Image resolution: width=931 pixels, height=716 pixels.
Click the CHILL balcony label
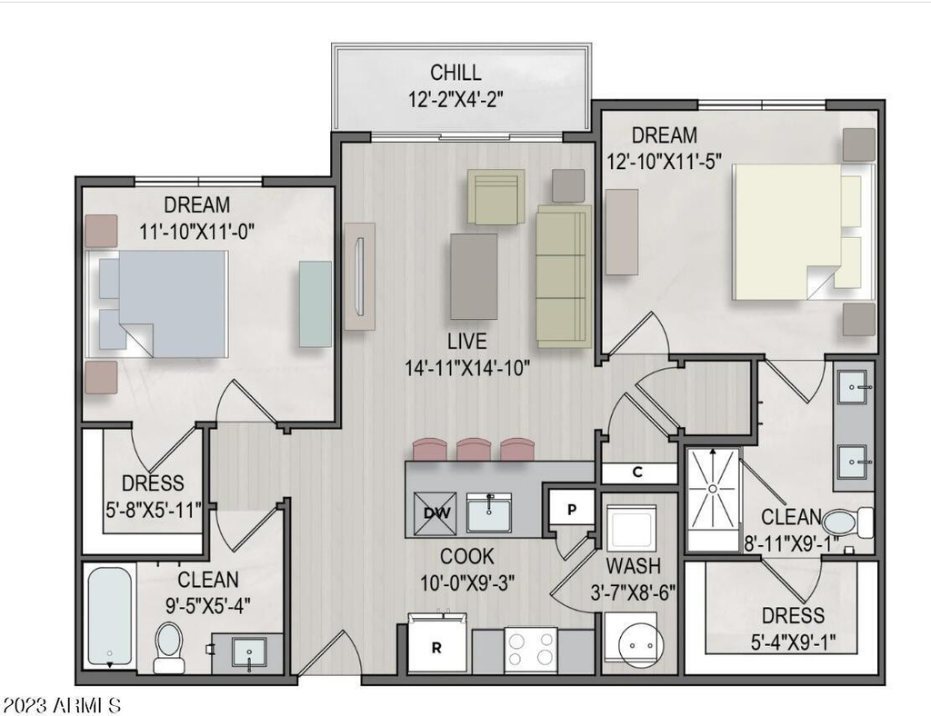(x=455, y=73)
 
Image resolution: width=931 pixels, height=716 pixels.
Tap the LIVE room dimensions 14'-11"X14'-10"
(x=467, y=368)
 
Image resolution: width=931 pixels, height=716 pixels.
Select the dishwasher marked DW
(x=435, y=513)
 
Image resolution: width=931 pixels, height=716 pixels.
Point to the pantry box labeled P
(x=571, y=509)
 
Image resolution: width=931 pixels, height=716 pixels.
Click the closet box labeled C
(x=638, y=472)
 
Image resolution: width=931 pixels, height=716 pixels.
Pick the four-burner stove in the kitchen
(x=531, y=649)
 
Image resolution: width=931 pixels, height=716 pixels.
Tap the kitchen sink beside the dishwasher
(x=488, y=512)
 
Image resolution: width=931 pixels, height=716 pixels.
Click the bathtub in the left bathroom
(x=110, y=617)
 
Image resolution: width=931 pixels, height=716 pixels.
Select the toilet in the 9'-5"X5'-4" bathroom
(x=168, y=648)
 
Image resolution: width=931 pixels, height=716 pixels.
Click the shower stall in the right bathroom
(x=714, y=500)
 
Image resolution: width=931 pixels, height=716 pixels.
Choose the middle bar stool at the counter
(x=473, y=449)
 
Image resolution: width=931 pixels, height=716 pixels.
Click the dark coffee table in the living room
(x=474, y=276)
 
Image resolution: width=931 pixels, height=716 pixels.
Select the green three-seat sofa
(x=564, y=276)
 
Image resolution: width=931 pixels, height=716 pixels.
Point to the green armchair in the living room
(x=496, y=197)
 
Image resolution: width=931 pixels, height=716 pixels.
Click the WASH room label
(x=634, y=565)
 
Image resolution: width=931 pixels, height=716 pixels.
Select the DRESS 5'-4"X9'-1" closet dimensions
(x=793, y=641)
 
